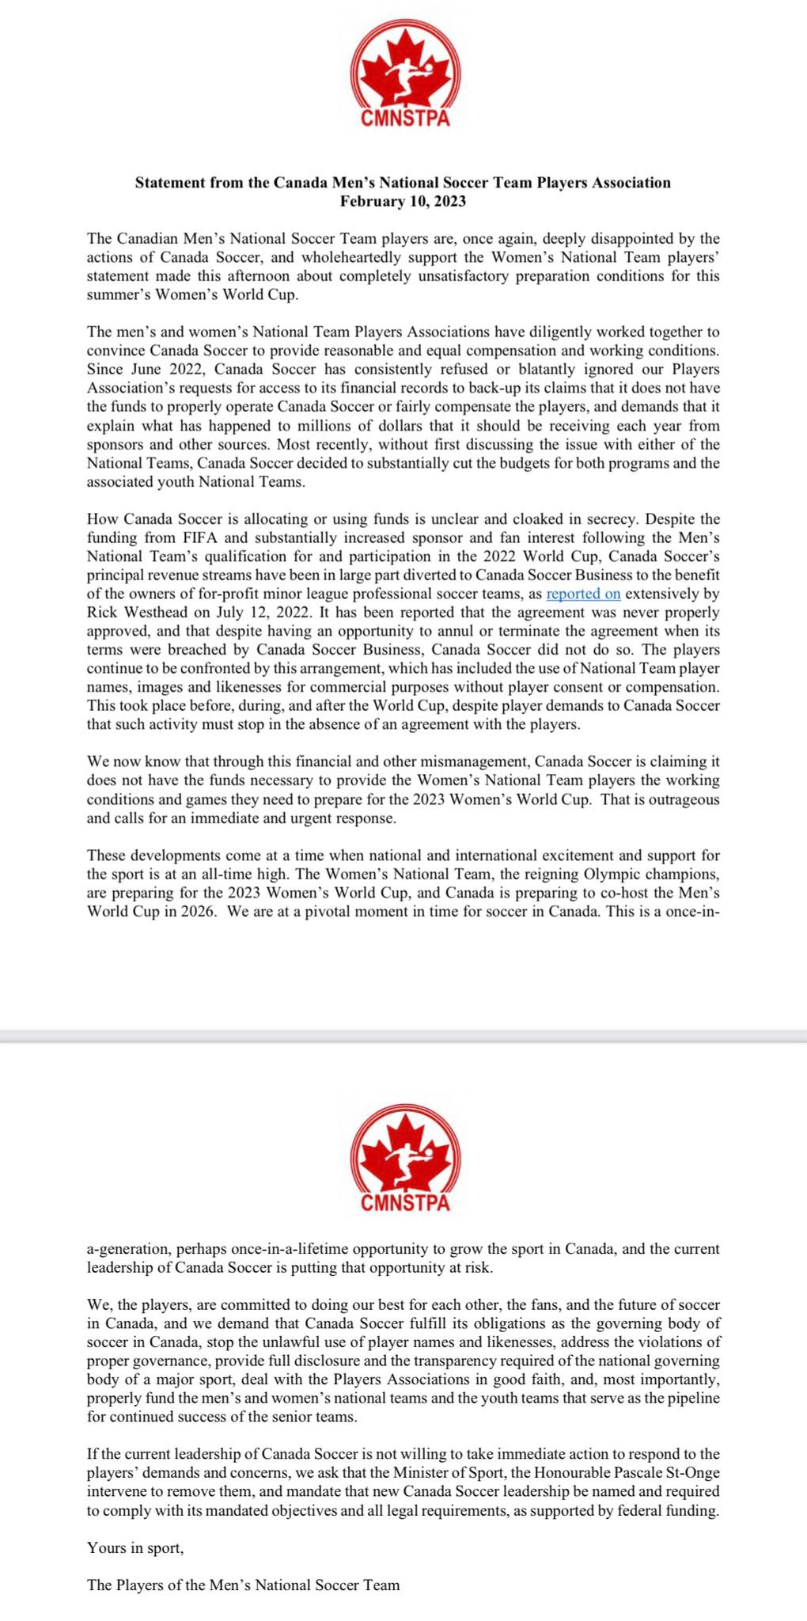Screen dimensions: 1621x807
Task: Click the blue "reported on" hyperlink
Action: pos(583,594)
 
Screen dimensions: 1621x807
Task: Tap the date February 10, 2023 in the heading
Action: pos(403,201)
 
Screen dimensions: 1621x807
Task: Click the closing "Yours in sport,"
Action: pos(135,1548)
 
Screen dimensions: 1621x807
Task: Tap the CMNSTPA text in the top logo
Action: pos(405,120)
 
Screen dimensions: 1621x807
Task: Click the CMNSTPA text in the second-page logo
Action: pos(405,1204)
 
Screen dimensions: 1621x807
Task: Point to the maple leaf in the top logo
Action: pos(405,71)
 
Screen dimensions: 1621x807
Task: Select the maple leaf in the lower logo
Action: pos(405,1156)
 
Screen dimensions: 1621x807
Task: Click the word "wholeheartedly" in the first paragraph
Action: pos(318,257)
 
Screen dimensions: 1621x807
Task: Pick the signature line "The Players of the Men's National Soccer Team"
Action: pos(244,1585)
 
